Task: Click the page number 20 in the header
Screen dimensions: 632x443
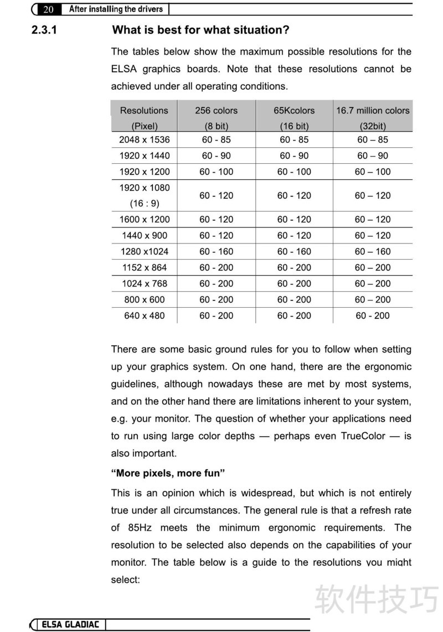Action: click(x=48, y=9)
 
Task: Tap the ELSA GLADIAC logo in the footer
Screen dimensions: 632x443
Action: click(x=71, y=625)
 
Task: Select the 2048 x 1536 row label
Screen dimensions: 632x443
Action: click(x=145, y=139)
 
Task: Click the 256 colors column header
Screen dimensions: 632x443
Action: click(x=216, y=111)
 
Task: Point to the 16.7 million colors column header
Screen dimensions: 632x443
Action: click(x=373, y=111)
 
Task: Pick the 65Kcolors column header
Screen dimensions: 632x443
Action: click(x=294, y=111)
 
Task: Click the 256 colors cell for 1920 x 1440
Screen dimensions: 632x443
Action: click(x=216, y=156)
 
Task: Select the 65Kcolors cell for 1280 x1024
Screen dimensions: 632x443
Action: click(x=294, y=251)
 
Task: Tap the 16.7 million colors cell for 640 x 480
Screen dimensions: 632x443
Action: click(x=373, y=315)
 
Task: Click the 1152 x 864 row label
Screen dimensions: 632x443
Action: click(x=145, y=267)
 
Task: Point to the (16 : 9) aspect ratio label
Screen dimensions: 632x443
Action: click(x=145, y=203)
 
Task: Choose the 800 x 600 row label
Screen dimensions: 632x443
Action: click(x=145, y=299)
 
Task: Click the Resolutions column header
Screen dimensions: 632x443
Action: click(x=144, y=111)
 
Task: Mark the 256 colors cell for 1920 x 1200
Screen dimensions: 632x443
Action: click(x=216, y=172)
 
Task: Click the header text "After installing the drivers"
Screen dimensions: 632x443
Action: click(x=116, y=9)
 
